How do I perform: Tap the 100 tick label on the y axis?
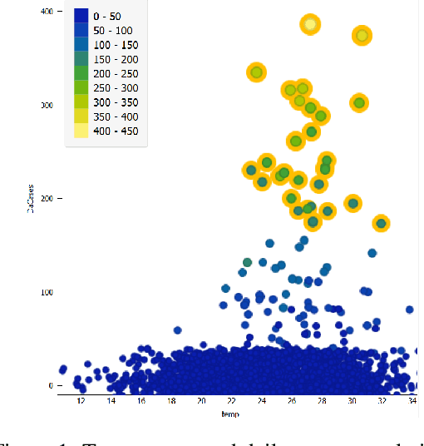pyautogui.click(x=45, y=292)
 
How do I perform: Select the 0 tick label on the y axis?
pyautogui.click(x=49, y=386)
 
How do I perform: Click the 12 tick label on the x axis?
pyautogui.click(x=81, y=402)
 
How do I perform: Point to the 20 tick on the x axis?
pyautogui.click(x=201, y=402)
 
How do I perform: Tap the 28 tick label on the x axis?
pyautogui.click(x=322, y=402)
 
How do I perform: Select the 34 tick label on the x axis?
pyautogui.click(x=412, y=402)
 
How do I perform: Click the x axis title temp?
pyautogui.click(x=230, y=414)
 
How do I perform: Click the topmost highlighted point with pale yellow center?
pyautogui.click(x=310, y=25)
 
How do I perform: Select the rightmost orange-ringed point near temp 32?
pyautogui.click(x=381, y=223)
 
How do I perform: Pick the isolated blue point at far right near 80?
pyautogui.click(x=409, y=310)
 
